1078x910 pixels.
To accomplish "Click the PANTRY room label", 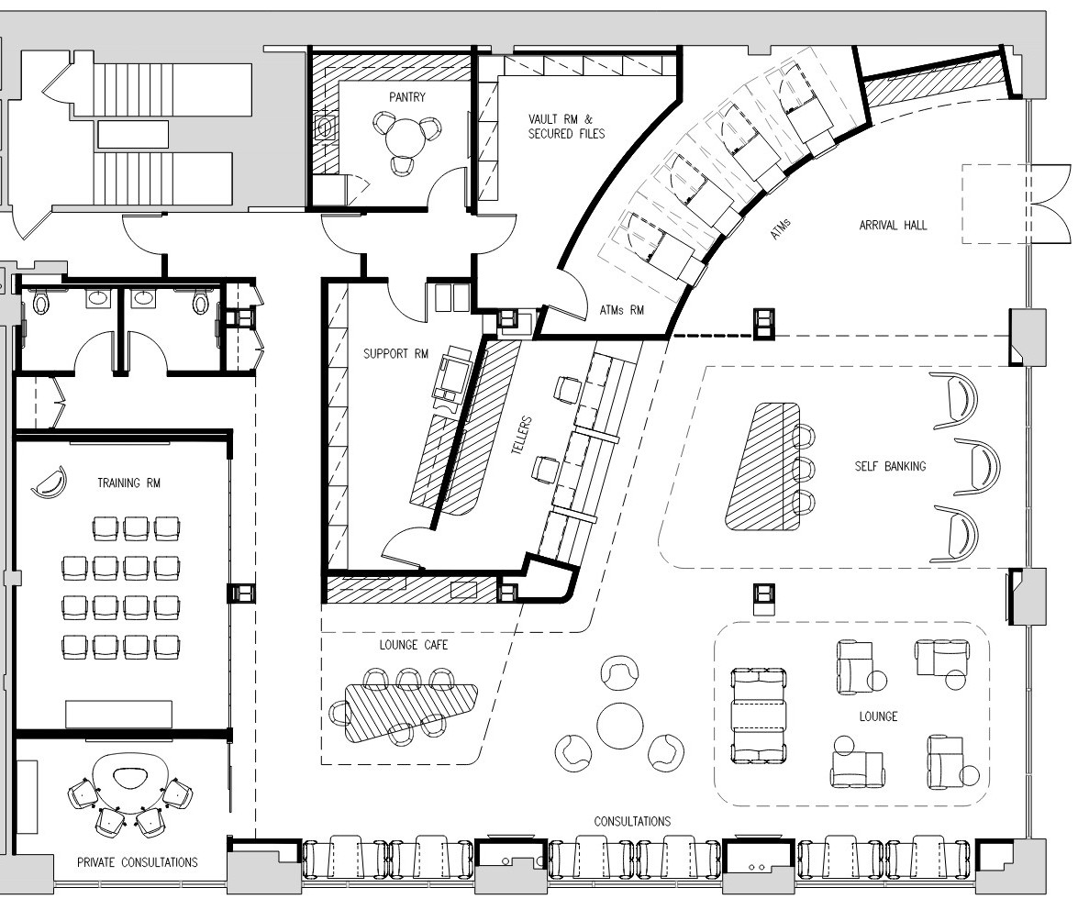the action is click(407, 97).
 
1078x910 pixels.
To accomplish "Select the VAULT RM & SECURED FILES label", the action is click(566, 127).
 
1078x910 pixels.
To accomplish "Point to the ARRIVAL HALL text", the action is click(893, 225).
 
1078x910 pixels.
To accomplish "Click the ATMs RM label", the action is click(621, 310).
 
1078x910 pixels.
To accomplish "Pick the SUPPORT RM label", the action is click(395, 353).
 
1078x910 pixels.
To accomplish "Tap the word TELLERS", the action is click(522, 435).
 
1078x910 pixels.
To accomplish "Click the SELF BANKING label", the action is click(890, 466).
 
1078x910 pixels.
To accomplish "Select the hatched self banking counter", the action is click(764, 466).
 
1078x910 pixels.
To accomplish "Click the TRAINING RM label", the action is click(128, 483).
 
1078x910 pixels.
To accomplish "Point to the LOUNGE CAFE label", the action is click(413, 645).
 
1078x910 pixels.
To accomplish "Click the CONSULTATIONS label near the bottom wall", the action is click(632, 821).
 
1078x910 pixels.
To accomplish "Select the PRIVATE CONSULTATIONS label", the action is click(137, 862).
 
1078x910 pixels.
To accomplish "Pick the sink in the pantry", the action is click(325, 127).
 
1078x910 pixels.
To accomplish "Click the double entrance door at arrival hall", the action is click(1050, 205).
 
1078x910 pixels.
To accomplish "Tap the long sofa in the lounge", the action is click(759, 715).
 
